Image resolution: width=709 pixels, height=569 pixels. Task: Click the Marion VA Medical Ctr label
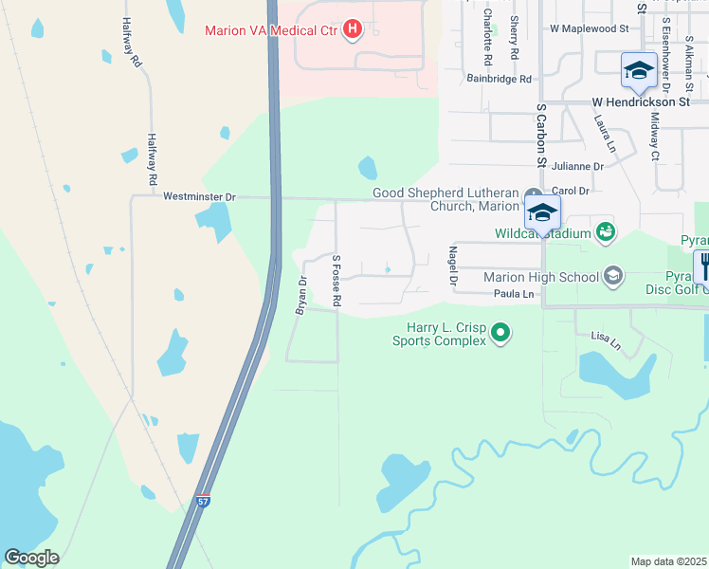pos(271,30)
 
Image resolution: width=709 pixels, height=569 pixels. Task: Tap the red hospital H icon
pos(353,30)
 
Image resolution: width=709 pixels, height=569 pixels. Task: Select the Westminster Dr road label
pos(199,197)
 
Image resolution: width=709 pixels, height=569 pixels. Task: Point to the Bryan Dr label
pos(302,294)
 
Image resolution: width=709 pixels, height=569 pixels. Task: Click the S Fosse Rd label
pos(336,280)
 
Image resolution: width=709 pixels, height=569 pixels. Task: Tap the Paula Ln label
pos(514,295)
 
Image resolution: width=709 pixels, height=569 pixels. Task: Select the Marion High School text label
pos(540,277)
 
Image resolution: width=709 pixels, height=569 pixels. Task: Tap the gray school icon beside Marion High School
pos(613,276)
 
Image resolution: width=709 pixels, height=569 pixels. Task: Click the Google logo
pos(31,558)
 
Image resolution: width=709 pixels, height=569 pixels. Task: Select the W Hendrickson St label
pos(641,101)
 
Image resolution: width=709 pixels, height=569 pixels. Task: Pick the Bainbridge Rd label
pos(500,80)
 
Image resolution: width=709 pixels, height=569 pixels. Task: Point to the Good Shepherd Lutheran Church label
pos(446,199)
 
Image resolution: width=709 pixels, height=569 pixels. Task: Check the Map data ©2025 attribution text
pos(668,561)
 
